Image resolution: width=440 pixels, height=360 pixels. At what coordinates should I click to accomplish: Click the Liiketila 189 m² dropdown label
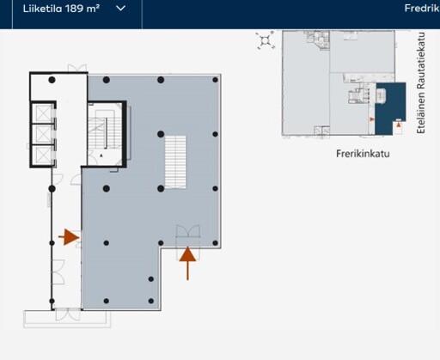click(61, 9)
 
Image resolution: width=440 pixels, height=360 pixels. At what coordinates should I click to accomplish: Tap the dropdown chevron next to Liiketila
click(120, 9)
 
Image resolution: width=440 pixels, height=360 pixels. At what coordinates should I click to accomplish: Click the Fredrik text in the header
click(422, 8)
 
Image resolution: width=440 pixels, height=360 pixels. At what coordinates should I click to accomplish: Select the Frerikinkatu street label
click(363, 154)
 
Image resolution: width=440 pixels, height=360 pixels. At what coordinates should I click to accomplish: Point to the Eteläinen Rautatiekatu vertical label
click(420, 82)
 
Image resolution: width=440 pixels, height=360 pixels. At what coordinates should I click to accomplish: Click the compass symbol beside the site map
click(266, 40)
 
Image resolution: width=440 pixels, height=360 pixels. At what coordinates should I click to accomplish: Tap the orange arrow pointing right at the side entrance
click(69, 237)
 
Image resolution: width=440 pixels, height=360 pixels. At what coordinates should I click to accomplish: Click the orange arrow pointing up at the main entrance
click(187, 263)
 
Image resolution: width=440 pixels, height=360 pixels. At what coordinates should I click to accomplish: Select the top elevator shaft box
click(43, 113)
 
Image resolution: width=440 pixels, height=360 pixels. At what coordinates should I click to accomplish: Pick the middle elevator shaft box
click(43, 134)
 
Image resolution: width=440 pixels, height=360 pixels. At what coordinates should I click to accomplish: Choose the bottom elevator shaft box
click(43, 156)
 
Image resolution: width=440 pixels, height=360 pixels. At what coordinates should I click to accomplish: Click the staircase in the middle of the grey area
click(175, 162)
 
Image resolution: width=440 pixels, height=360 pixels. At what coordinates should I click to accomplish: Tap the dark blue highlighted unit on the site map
click(389, 108)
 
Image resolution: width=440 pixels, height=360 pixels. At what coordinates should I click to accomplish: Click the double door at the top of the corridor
click(77, 69)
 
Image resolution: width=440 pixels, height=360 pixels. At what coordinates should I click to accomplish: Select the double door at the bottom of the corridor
click(68, 314)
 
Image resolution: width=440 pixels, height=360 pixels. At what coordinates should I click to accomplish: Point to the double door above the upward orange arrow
click(188, 231)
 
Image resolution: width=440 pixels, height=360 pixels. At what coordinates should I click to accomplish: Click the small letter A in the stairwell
click(101, 156)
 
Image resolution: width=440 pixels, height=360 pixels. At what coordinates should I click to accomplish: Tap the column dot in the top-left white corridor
click(52, 80)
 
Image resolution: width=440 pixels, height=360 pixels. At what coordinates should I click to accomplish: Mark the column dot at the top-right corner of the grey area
click(215, 80)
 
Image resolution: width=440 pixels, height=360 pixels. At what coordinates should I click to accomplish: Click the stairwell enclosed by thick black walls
click(106, 134)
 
